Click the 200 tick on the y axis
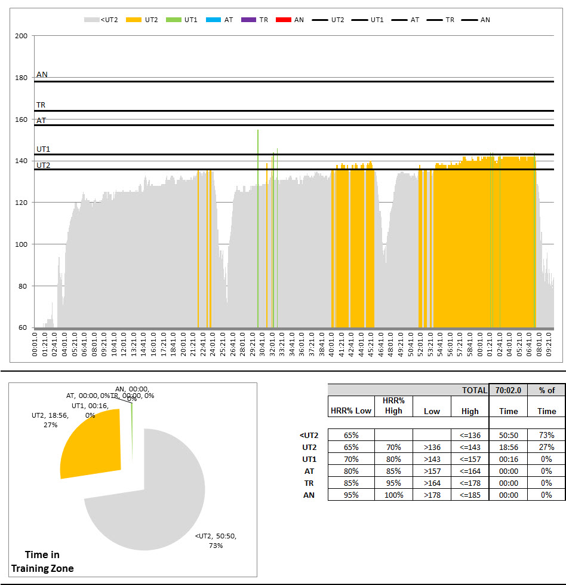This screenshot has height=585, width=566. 22,36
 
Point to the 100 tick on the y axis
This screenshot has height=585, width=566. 22,244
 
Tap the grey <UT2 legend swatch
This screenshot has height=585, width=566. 91,20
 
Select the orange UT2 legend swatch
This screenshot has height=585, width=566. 136,20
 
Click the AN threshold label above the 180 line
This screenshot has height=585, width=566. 42,75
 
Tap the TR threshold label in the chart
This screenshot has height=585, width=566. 41,105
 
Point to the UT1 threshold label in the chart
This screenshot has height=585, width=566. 43,149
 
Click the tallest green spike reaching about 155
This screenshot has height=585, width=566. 258,179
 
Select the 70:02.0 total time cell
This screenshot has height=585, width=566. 508,390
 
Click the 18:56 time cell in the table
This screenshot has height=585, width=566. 508,447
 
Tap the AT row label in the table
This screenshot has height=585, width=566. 309,471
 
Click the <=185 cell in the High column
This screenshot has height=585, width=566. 470,495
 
